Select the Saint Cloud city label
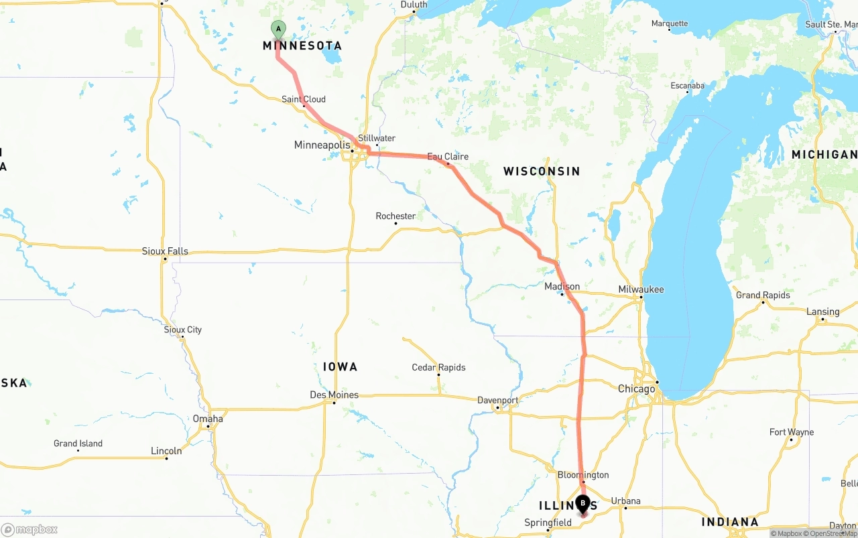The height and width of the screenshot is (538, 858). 304,99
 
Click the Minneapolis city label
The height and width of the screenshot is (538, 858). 322,145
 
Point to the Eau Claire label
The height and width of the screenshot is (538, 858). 448,157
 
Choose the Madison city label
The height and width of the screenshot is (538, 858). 562,287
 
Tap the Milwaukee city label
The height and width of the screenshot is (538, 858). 641,289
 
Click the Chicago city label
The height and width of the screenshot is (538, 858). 636,389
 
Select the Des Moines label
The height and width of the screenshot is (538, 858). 334,395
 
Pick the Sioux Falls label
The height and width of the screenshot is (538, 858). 165,251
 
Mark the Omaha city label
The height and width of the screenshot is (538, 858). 208,419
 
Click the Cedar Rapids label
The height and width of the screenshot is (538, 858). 438,368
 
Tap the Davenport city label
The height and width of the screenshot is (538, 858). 497,401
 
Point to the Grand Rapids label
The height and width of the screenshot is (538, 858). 763,295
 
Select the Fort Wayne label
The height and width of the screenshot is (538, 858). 792,432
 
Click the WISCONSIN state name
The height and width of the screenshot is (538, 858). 542,172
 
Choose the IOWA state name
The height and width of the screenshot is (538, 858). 340,366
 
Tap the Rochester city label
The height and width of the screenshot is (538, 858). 395,216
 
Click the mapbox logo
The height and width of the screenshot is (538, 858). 29,529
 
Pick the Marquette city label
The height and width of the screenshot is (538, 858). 670,23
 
